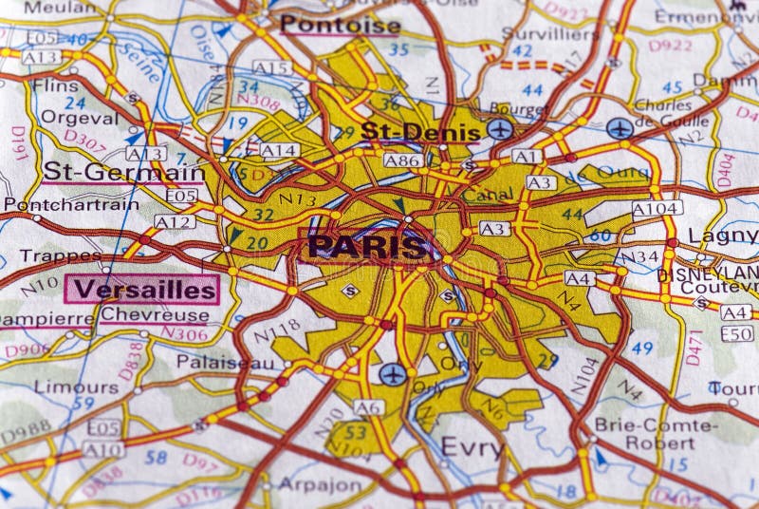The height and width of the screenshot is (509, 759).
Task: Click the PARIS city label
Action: [367, 247]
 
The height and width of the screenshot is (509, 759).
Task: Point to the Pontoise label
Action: [341, 25]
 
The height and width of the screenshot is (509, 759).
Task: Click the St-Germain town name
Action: [123, 172]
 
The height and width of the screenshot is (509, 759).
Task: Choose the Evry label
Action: [472, 448]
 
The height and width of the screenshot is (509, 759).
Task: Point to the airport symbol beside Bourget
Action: [500, 128]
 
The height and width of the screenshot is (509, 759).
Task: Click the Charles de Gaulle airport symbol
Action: [620, 127]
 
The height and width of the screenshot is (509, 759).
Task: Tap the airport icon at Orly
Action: [392, 374]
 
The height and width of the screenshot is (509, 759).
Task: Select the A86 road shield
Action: [402, 160]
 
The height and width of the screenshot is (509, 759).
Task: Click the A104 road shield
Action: [657, 208]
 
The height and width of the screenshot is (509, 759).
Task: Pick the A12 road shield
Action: [175, 221]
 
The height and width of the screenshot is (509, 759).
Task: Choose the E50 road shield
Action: [736, 333]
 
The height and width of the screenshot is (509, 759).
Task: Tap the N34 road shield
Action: [639, 255]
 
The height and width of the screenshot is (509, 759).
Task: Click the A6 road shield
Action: [369, 407]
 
